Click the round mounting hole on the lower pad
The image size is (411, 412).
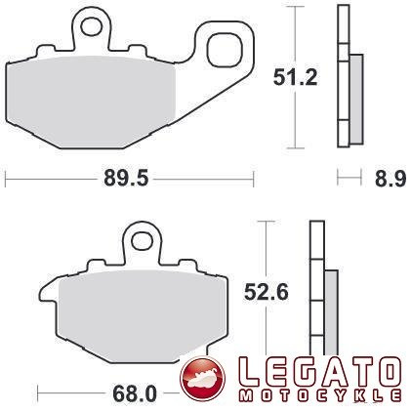145,240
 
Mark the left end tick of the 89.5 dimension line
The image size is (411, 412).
7,178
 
